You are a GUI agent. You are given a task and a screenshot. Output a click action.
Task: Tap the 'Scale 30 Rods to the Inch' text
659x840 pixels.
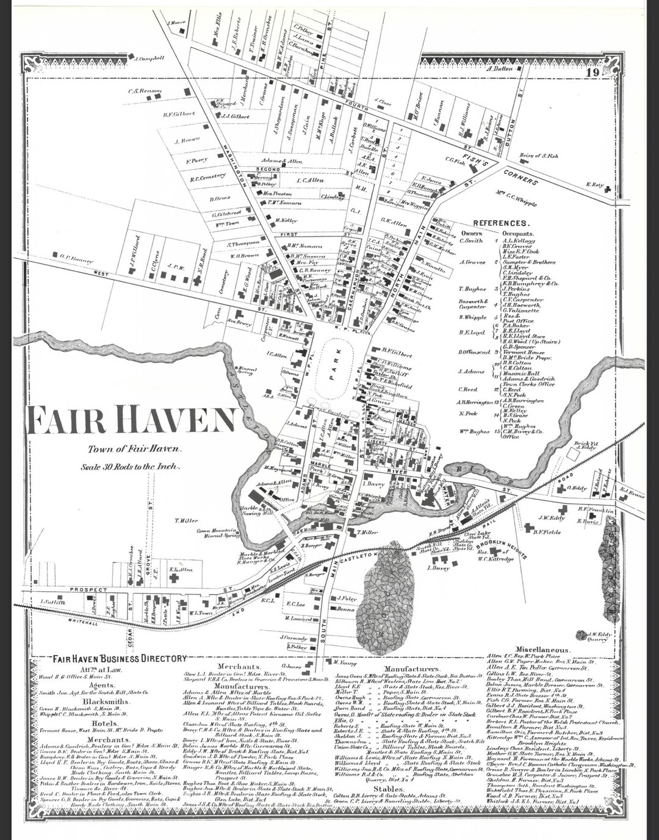point(129,467)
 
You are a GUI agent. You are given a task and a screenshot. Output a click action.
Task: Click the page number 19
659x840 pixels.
point(591,74)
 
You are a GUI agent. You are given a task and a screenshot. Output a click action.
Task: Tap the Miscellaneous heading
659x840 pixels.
point(543,650)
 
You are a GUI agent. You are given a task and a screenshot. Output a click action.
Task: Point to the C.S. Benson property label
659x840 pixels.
point(145,92)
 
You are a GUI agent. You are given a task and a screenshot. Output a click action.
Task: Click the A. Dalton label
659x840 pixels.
point(499,69)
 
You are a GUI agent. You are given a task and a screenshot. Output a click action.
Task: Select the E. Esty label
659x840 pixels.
point(594,184)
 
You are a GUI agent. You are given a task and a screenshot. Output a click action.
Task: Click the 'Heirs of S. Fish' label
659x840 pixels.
point(539,156)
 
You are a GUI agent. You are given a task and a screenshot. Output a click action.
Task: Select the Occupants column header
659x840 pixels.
point(517,233)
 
